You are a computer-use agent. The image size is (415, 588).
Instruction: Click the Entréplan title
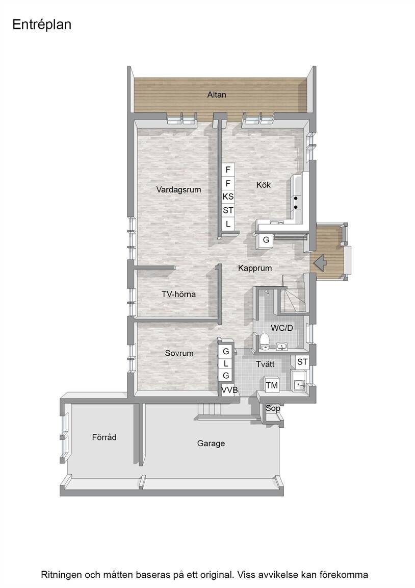42,24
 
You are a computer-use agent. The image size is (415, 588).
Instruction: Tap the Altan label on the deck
217,95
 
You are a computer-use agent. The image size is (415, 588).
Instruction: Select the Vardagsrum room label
178,190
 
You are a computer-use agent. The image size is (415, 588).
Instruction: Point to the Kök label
263,185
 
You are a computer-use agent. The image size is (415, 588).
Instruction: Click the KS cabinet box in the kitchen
228,197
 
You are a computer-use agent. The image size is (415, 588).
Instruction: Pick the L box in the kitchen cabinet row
228,224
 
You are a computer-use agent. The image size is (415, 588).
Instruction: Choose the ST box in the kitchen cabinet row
228,210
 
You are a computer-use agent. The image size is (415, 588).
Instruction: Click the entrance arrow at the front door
320,263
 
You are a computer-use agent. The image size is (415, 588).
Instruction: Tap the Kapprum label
255,268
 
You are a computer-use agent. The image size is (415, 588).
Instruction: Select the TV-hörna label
178,295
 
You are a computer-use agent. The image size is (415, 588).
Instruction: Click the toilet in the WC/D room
265,340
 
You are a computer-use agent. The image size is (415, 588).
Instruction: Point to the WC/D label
281,328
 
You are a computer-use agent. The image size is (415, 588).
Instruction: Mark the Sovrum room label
179,353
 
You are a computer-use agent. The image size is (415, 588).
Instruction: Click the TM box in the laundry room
272,385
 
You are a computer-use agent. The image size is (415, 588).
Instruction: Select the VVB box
229,390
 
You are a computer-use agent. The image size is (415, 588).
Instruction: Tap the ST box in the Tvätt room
302,362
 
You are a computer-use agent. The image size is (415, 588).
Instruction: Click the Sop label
273,408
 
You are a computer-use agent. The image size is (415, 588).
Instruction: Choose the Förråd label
104,437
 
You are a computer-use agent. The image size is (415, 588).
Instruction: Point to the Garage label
211,444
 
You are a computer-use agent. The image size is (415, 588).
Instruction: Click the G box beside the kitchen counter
266,240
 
